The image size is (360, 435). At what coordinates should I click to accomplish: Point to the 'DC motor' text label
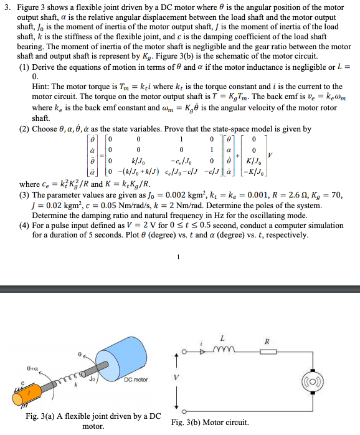coord(136,380)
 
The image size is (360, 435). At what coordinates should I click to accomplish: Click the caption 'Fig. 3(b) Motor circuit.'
coord(210,422)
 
